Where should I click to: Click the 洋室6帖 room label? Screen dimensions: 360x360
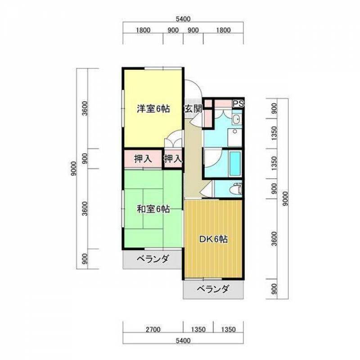153,108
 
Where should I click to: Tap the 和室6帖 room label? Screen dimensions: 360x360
153,209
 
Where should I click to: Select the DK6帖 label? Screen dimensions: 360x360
213,239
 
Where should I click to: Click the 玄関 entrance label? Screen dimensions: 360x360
193,109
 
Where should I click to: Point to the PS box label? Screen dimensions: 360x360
238,103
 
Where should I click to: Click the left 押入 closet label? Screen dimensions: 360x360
143,159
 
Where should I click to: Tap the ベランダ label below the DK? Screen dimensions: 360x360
213,289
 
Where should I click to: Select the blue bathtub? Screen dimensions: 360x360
235,163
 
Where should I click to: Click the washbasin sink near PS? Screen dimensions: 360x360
236,119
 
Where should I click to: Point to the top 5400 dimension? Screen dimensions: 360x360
183,19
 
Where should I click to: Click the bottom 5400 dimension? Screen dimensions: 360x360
183,341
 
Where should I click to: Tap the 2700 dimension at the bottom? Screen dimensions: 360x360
153,329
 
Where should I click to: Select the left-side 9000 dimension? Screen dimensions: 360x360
73,168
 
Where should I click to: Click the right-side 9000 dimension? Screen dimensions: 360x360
285,198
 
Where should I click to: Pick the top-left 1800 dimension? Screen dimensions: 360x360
143,30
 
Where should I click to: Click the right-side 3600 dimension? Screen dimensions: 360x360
274,239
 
